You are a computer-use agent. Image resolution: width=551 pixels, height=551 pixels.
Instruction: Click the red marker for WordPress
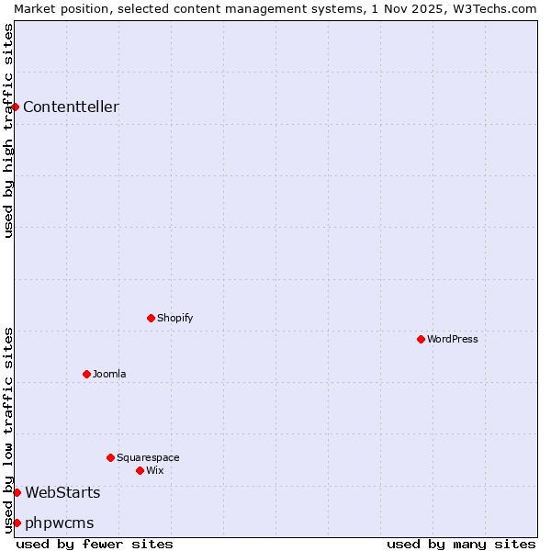421,339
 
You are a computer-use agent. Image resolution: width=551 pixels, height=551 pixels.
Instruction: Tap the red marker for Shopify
151,318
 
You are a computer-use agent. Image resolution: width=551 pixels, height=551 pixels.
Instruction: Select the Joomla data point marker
86,374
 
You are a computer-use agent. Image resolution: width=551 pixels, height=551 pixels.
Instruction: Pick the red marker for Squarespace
110,457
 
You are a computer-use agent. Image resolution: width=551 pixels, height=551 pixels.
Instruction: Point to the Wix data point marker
140,470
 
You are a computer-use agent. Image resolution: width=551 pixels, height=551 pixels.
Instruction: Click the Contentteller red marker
16,107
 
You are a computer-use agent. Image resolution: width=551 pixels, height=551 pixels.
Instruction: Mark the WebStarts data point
17,492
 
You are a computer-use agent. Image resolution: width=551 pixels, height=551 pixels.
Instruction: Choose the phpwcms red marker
17,523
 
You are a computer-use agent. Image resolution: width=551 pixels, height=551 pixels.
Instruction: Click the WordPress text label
453,339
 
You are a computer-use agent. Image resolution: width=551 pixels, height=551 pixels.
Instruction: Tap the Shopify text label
175,318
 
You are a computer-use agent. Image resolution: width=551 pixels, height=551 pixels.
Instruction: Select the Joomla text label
109,374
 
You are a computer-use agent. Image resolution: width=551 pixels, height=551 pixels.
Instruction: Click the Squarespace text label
148,457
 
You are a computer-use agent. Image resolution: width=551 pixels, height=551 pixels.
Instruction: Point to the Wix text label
155,470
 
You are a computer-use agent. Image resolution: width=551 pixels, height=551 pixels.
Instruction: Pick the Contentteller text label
71,107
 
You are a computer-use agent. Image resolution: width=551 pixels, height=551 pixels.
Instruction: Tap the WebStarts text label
62,492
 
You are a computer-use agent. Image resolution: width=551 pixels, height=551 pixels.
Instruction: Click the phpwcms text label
60,523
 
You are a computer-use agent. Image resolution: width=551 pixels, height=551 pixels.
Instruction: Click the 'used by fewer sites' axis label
95,544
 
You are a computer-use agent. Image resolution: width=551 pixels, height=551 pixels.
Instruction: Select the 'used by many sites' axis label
461,544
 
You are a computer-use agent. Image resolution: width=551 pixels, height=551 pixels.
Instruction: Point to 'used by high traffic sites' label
8,130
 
